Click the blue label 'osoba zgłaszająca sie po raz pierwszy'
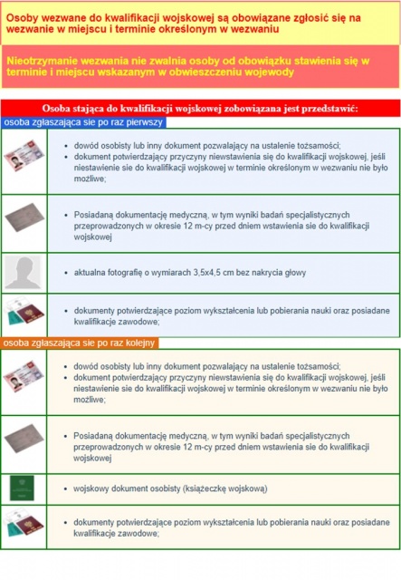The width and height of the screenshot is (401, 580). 83,122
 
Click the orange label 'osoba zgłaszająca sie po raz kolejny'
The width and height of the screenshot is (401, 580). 79,343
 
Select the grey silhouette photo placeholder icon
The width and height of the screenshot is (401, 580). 23,273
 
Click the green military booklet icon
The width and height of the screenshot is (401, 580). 22,488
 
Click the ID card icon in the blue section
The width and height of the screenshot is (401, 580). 24,156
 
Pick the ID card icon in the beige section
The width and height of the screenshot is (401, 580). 24,376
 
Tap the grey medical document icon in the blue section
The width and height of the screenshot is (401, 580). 24,217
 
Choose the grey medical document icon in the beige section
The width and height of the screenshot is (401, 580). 24,439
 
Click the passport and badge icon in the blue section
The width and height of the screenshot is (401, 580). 25,313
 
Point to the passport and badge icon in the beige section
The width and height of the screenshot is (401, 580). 24,524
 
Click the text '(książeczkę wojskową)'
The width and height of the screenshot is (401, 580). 225,488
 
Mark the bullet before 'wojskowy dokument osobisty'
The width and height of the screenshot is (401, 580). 65,489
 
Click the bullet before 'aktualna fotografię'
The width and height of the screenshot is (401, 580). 66,273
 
